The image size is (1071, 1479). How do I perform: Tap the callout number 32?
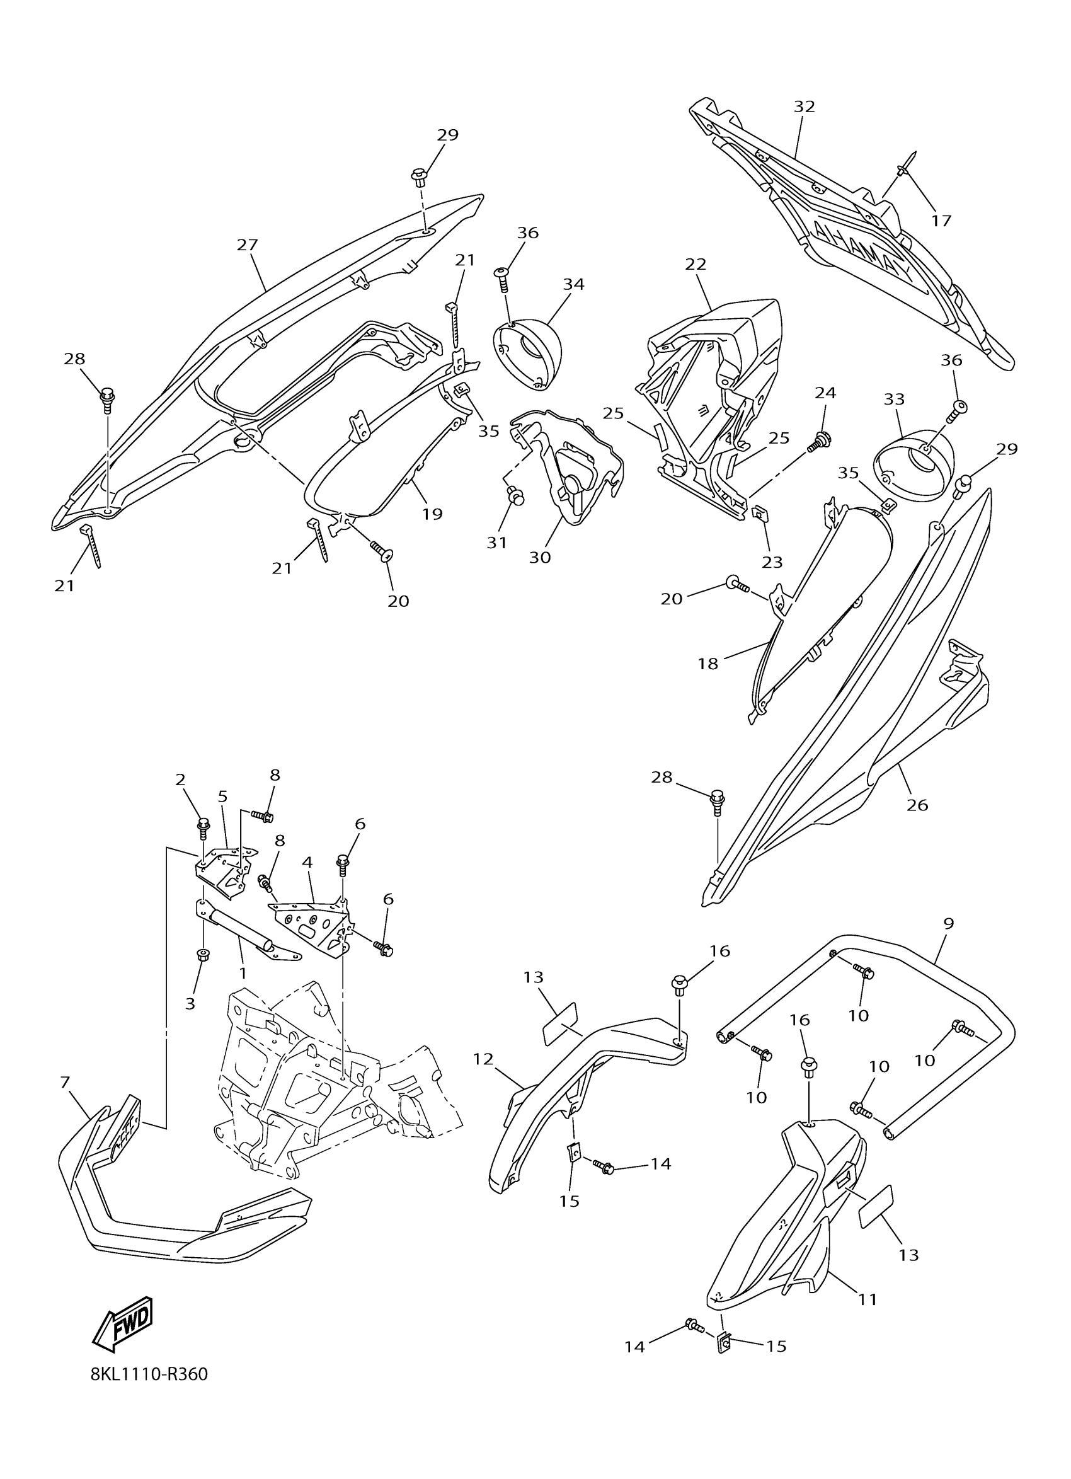tap(805, 107)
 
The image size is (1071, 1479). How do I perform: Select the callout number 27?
tap(247, 245)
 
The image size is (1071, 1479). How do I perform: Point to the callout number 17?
tap(941, 221)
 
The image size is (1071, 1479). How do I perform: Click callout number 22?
tap(696, 264)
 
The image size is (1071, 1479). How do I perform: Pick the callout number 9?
tap(948, 923)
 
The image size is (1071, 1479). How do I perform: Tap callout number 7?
tap(64, 1083)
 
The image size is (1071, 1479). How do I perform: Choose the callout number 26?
tap(917, 805)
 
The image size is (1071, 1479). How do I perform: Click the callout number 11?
tap(868, 1299)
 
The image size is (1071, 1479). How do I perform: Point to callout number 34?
tap(574, 284)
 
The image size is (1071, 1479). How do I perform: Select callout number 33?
tap(895, 398)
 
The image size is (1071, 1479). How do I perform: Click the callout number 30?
tap(540, 558)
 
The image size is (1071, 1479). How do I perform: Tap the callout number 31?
tap(496, 543)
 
